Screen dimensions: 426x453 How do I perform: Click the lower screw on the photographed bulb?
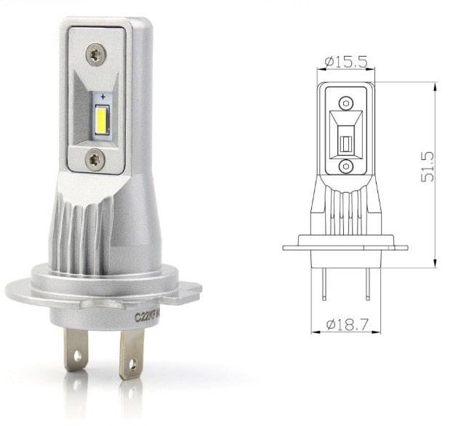tap(95, 158)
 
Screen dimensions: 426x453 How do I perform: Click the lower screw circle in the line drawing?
tap(346, 166)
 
